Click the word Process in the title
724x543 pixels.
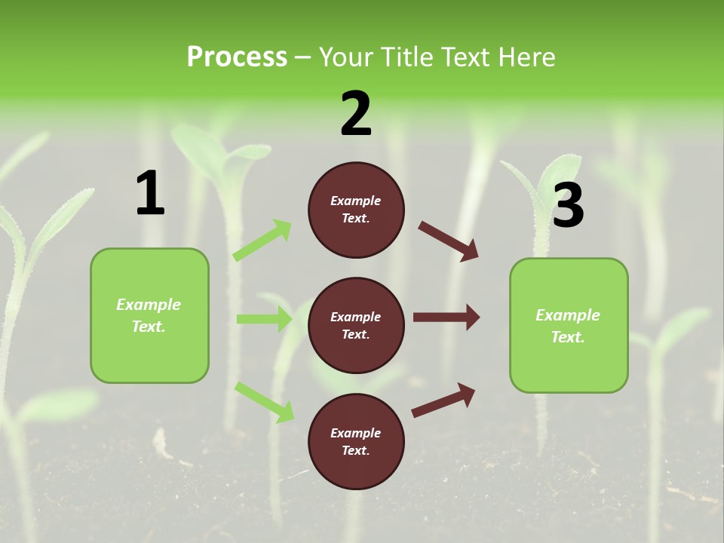(x=237, y=57)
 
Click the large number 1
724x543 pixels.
(x=150, y=193)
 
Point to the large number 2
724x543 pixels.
(x=356, y=114)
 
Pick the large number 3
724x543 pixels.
(x=568, y=205)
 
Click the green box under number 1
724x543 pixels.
(x=149, y=315)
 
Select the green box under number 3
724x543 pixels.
(x=569, y=326)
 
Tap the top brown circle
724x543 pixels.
(x=356, y=210)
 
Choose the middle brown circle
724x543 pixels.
(x=356, y=325)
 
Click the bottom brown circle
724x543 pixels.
(x=356, y=441)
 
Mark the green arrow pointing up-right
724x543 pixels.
(x=262, y=241)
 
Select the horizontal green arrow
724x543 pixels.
(x=264, y=319)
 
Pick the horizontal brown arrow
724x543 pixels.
(x=446, y=317)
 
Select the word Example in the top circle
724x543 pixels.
(x=356, y=201)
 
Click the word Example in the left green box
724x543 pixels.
(x=149, y=305)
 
